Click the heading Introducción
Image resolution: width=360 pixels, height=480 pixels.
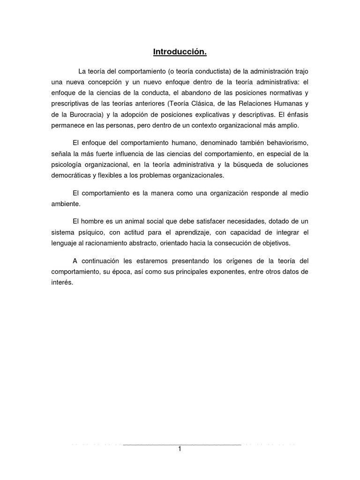pyautogui.click(x=180, y=52)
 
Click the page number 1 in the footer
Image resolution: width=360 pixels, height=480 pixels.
pyautogui.click(x=180, y=449)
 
